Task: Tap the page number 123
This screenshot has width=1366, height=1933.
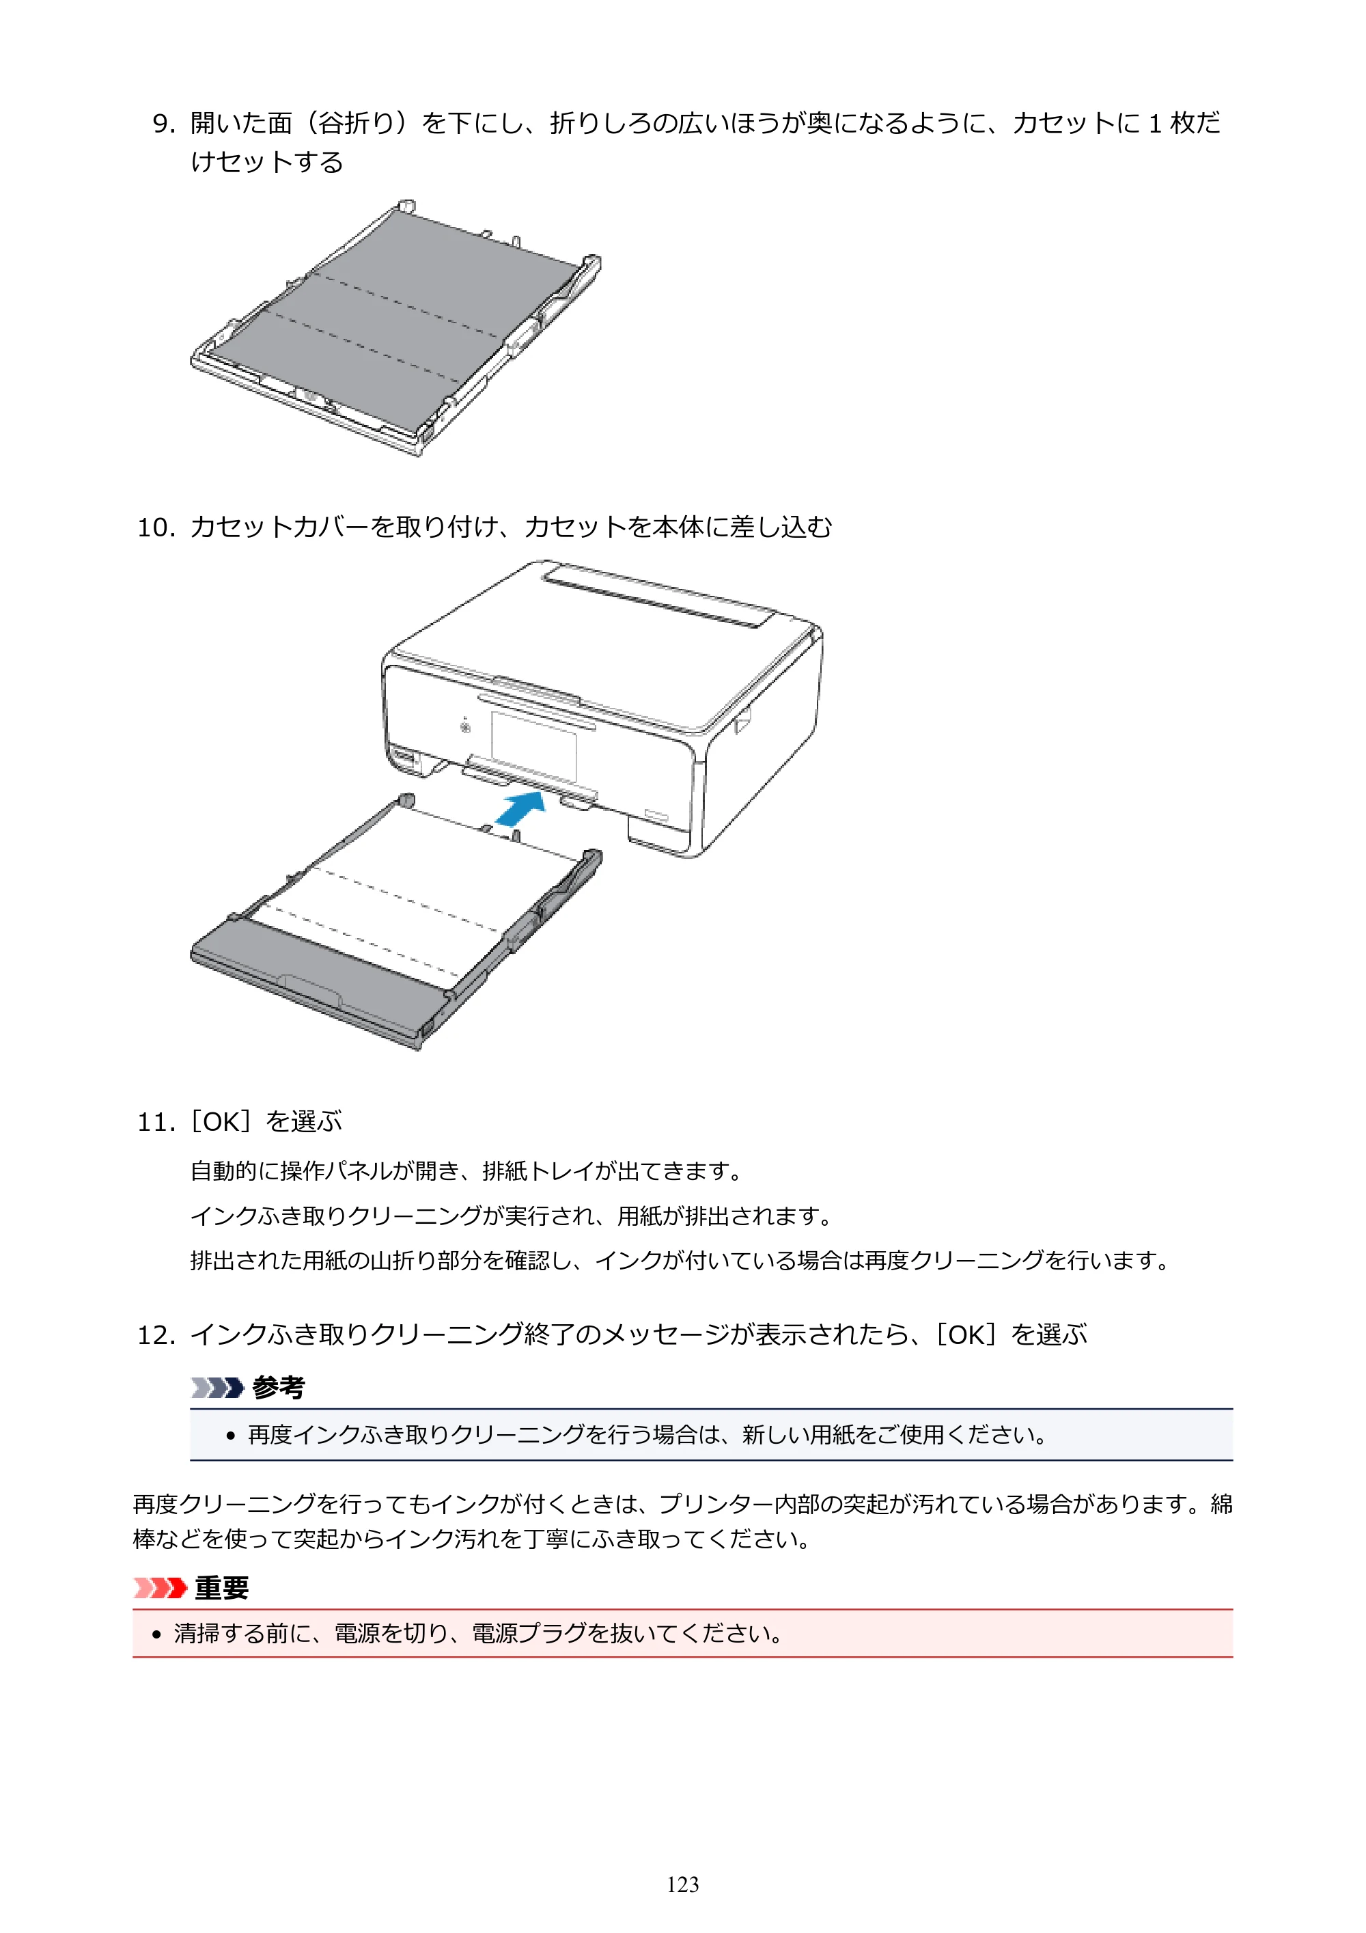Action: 682,1884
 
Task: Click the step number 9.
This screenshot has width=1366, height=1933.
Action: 163,124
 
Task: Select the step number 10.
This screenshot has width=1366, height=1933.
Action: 156,528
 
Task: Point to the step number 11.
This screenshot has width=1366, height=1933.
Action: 156,1122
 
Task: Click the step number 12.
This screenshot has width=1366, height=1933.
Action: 156,1335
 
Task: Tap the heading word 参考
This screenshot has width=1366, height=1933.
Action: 279,1386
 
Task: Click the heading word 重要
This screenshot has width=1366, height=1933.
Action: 222,1587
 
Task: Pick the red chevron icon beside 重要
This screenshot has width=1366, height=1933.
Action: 160,1588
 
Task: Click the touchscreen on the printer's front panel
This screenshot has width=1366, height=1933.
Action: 535,745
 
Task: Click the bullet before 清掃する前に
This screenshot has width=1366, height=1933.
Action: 156,1635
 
